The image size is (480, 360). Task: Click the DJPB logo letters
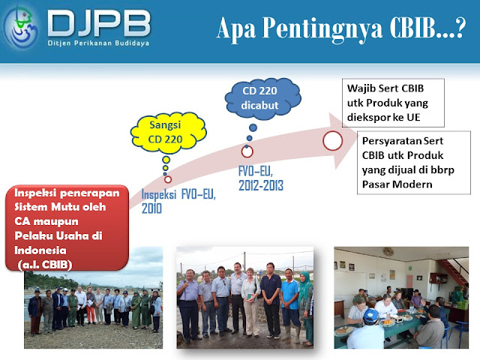pyautogui.click(x=99, y=23)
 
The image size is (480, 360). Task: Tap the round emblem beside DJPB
pyautogui.click(x=21, y=28)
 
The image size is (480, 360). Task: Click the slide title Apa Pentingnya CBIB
pyautogui.click(x=341, y=28)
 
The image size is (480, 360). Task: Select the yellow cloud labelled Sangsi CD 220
pyautogui.click(x=168, y=133)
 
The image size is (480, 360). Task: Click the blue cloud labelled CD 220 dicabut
pyautogui.click(x=262, y=98)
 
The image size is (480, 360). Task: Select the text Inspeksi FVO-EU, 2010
pyautogui.click(x=178, y=201)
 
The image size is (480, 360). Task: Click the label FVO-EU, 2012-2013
pyautogui.click(x=261, y=178)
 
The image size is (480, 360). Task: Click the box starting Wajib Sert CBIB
pyautogui.click(x=393, y=103)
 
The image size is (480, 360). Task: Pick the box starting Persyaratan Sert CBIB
pyautogui.click(x=413, y=163)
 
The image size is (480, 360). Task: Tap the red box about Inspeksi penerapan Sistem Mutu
pyautogui.click(x=67, y=228)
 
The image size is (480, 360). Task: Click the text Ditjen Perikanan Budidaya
pyautogui.click(x=98, y=43)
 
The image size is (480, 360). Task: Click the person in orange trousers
pyautogui.click(x=91, y=305)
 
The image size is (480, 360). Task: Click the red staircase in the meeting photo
pyautogui.click(x=453, y=271)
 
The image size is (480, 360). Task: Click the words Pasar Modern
pyautogui.click(x=397, y=184)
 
